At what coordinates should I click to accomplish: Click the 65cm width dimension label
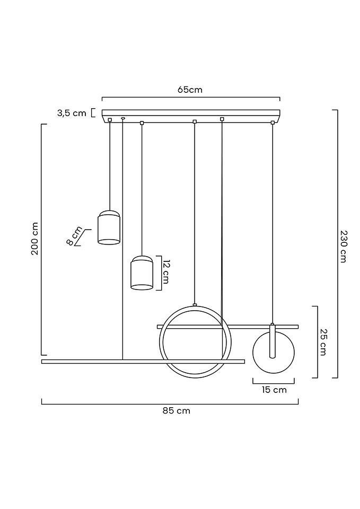point(190,90)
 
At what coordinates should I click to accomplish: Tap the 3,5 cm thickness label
point(72,113)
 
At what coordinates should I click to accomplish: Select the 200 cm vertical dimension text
point(35,239)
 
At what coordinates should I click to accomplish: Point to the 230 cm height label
point(344,247)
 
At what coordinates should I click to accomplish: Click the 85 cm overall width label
point(177,410)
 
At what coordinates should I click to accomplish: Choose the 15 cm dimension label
point(274,390)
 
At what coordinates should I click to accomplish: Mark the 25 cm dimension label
point(323,342)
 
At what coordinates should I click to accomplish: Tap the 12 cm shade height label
point(165,272)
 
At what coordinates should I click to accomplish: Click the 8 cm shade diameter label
point(75,236)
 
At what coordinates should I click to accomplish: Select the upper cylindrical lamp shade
point(109,227)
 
